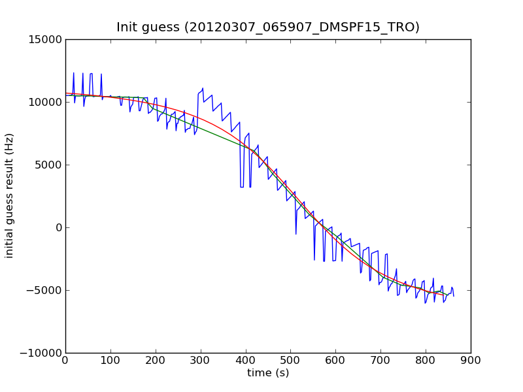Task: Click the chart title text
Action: coord(268,27)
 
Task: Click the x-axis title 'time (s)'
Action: coord(268,373)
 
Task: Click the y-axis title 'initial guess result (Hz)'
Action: coord(10,195)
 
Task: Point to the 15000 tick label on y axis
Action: coord(44,39)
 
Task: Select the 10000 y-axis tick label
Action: coord(44,102)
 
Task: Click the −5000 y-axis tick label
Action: coord(44,290)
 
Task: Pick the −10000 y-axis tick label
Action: coord(42,353)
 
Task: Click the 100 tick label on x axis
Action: coord(110,361)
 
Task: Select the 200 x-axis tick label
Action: coord(156,361)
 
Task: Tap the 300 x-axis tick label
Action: coord(201,361)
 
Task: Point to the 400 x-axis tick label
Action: coord(246,361)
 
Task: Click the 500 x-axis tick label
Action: coord(290,361)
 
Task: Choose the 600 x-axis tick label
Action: coord(335,361)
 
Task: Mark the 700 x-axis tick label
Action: coord(380,361)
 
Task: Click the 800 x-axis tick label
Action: coord(426,361)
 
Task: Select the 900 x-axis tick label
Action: coord(471,361)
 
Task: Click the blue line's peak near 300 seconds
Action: coord(203,88)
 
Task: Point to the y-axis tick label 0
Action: coord(58,227)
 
